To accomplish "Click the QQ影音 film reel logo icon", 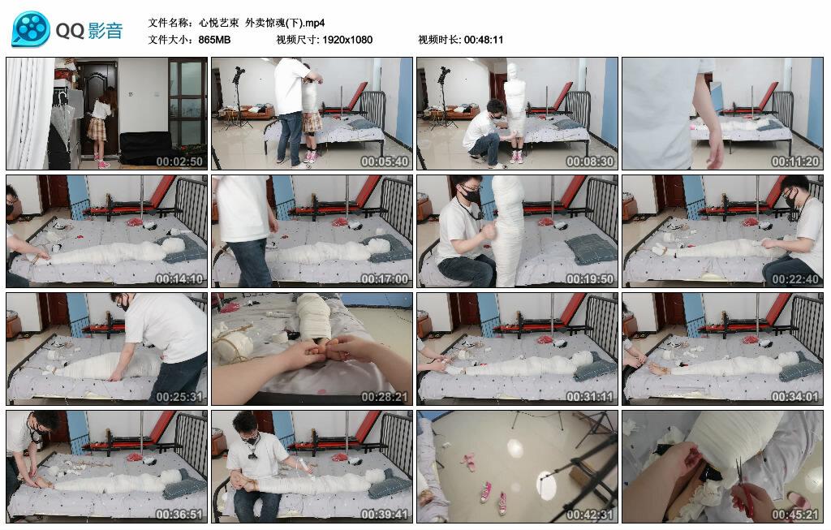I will tap(31, 30).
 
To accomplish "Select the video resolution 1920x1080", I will tap(347, 40).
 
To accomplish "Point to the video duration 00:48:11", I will tap(484, 40).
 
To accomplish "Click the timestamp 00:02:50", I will tap(180, 162).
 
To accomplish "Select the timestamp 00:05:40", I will tap(385, 162).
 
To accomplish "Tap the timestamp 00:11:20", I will tap(796, 162).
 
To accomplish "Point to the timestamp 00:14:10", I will tap(180, 279).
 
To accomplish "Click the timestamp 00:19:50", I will tap(591, 279).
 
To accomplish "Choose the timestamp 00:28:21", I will tap(385, 397).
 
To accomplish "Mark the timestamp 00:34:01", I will tap(796, 397).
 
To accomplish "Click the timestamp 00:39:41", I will tap(385, 515).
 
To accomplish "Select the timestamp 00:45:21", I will tap(796, 515).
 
